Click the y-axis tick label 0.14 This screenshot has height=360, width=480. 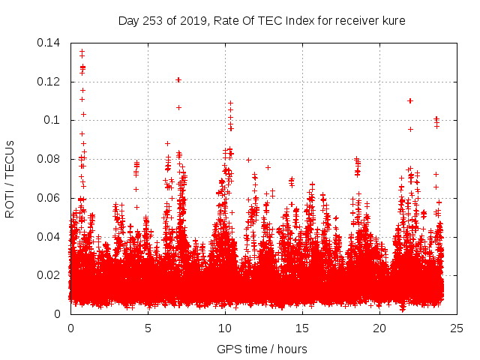point(49,43)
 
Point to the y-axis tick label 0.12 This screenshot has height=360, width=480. point(49,82)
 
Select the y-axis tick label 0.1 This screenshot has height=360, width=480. point(52,120)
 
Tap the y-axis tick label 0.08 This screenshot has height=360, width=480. point(49,159)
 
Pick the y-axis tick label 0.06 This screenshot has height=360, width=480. point(49,198)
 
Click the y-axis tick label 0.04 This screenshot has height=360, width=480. point(49,237)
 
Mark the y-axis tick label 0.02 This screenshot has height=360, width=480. point(49,275)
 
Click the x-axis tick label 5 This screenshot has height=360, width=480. point(148,328)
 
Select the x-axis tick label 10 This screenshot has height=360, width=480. point(225,328)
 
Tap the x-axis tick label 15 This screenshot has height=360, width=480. point(302,328)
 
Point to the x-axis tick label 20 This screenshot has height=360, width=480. point(379,328)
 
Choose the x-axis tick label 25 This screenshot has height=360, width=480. point(457,328)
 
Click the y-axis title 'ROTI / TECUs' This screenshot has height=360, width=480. point(10,178)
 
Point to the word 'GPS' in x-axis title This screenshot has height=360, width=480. point(228,349)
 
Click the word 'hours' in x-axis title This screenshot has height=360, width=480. point(291,349)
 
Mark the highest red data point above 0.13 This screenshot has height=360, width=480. point(82,52)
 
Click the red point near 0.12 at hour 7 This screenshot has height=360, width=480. point(178,79)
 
